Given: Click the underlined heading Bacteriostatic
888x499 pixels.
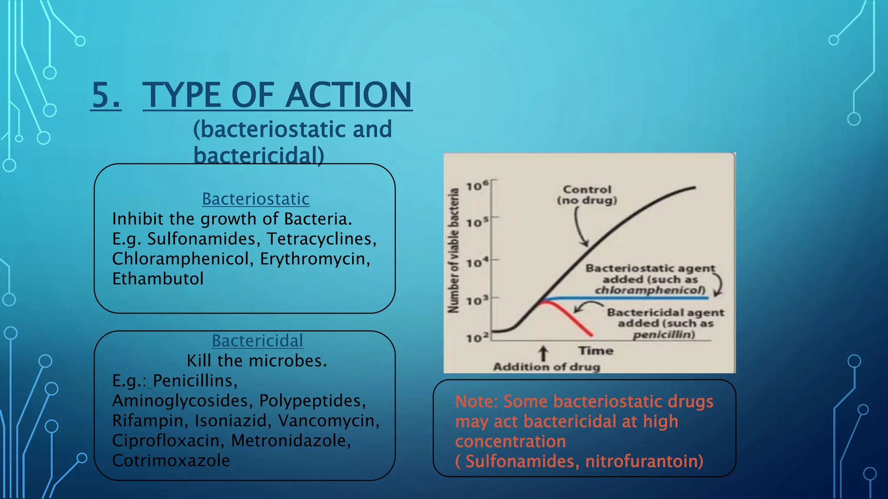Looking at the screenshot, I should pyautogui.click(x=255, y=199).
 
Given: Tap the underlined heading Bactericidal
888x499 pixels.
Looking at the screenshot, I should pyautogui.click(x=257, y=341).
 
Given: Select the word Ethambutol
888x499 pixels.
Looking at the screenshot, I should pyautogui.click(x=158, y=279).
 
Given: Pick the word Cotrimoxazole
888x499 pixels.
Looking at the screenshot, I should pyautogui.click(x=171, y=460).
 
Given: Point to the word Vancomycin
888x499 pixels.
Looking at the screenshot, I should pyautogui.click(x=328, y=421).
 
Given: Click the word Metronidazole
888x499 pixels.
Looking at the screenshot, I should pyautogui.click(x=290, y=441).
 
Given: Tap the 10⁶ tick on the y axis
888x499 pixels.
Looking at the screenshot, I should pyautogui.click(x=477, y=186).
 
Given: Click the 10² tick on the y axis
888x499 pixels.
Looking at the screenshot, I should pyautogui.click(x=477, y=337).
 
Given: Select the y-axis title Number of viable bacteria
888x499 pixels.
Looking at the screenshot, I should pyautogui.click(x=454, y=250).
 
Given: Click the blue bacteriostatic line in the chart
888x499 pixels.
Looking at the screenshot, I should pyautogui.click(x=629, y=298).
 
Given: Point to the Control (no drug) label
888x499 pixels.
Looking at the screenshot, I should pyautogui.click(x=587, y=195).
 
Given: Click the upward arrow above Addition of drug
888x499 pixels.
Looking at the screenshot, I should pyautogui.click(x=543, y=353).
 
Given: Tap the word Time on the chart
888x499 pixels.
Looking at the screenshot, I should pyautogui.click(x=596, y=350).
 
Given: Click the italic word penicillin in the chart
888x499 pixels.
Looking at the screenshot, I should pyautogui.click(x=663, y=334).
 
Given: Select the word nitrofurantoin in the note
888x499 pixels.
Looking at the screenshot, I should pyautogui.click(x=643, y=461).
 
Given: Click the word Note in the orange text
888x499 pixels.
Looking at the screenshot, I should pyautogui.click(x=475, y=402).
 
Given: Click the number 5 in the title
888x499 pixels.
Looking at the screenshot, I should pyautogui.click(x=105, y=95).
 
